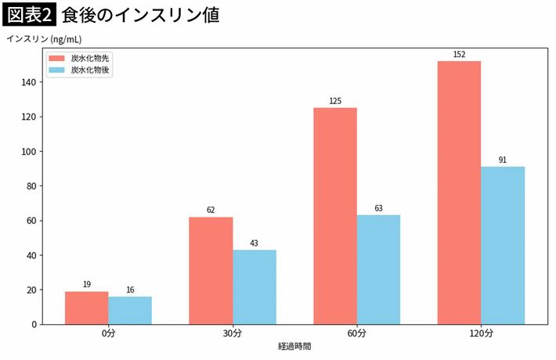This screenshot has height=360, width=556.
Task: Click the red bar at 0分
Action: pyautogui.click(x=86, y=308)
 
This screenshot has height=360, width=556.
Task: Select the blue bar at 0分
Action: pyautogui.click(x=130, y=310)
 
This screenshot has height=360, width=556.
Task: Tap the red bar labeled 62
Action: pyautogui.click(x=211, y=270)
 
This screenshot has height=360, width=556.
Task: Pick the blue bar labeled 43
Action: pyautogui.click(x=255, y=286)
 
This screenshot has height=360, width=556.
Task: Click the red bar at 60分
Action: pyautogui.click(x=335, y=215)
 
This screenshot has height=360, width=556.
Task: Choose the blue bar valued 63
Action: pyautogui.click(x=378, y=269)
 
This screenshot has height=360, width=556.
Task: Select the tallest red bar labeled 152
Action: pyautogui.click(x=459, y=192)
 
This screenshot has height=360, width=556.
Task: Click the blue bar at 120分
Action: pyautogui.click(x=503, y=245)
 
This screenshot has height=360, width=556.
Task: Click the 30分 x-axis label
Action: pyautogui.click(x=233, y=333)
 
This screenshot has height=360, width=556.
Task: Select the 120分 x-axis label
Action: pyautogui.click(x=481, y=333)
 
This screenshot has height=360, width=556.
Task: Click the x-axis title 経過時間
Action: pyautogui.click(x=294, y=345)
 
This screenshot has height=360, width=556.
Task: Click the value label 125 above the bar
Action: pyautogui.click(x=335, y=101)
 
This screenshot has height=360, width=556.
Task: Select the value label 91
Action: pyautogui.click(x=503, y=160)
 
